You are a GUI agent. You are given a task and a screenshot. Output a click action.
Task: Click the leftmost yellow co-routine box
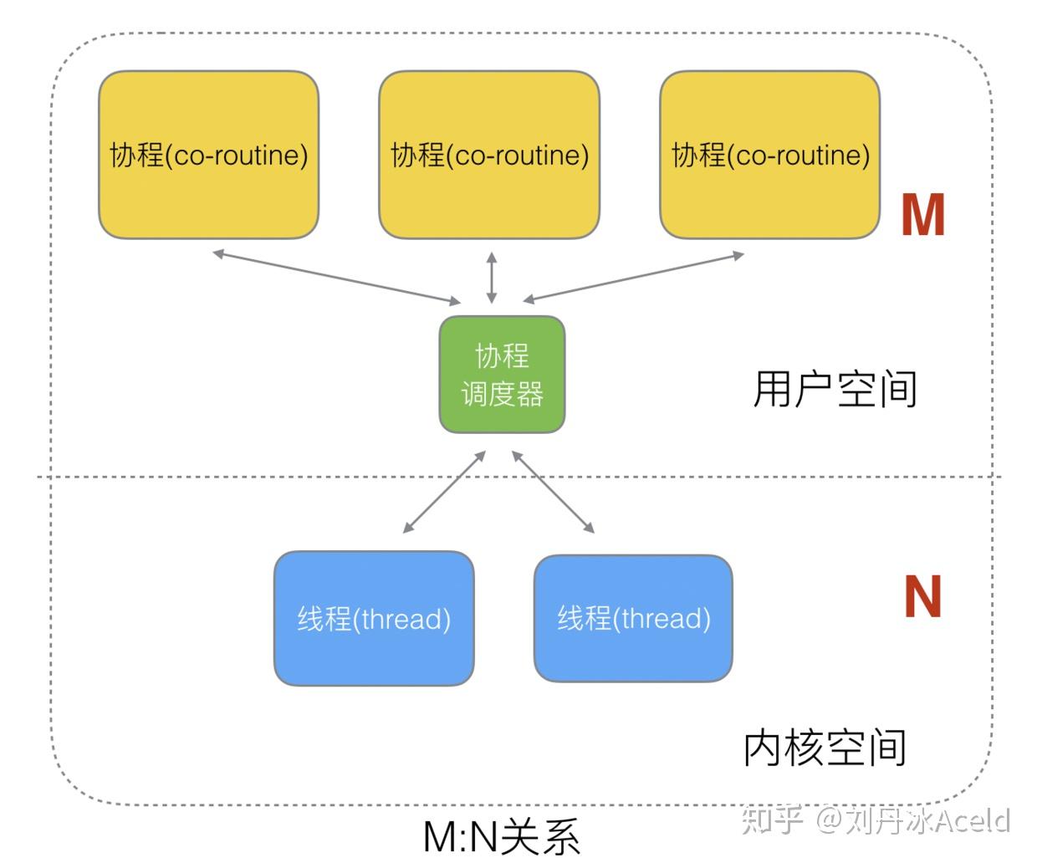208,155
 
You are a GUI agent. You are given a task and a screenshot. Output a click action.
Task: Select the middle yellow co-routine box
489,155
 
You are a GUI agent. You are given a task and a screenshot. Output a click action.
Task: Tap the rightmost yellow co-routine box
769,155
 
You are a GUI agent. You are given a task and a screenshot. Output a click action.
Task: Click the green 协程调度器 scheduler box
502,374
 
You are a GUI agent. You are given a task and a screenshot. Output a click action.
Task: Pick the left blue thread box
374,619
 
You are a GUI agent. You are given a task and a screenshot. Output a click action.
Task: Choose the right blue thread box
633,618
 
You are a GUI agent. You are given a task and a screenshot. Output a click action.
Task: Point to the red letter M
922,215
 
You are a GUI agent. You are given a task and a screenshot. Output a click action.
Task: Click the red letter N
922,597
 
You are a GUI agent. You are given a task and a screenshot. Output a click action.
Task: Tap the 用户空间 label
835,390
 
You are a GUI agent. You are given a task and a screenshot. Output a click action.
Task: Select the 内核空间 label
825,748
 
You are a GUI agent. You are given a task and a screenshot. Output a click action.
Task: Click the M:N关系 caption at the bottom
501,836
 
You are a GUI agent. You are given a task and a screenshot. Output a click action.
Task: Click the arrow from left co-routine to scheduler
336,277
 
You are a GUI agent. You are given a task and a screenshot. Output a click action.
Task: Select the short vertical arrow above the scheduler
492,278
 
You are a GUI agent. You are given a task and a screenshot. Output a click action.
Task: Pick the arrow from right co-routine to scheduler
633,277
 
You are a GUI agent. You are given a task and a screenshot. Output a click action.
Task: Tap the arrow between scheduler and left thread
444,492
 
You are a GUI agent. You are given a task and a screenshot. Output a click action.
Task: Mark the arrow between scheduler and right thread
553,492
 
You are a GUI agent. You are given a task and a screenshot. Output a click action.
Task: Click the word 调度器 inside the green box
502,394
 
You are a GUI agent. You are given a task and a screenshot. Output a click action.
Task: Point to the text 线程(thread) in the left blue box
374,619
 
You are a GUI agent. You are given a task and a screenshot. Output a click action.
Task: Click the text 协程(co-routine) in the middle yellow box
489,155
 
